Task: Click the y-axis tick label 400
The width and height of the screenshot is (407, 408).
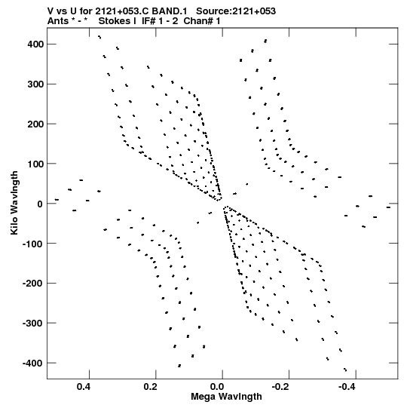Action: coord(35,44)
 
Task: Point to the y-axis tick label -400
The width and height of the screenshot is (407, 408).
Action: coord(32,363)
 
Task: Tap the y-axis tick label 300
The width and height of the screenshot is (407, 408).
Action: coord(35,84)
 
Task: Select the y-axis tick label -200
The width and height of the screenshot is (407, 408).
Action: coord(32,283)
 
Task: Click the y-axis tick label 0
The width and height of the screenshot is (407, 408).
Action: coord(40,204)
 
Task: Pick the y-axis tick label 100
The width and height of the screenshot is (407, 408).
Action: coord(35,164)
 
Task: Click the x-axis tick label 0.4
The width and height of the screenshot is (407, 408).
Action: coord(84,387)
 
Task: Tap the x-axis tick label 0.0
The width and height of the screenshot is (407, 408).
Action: coord(217,387)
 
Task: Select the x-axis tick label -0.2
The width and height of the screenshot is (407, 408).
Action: coord(280,387)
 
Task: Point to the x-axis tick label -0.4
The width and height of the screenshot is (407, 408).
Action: coord(347,387)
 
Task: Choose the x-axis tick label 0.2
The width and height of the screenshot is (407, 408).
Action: coord(150,387)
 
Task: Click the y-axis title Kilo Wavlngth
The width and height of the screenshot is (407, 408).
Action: coord(14,203)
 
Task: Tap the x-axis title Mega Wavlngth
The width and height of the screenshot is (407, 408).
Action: coord(226,397)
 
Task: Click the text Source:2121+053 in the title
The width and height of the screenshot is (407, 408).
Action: coord(236,11)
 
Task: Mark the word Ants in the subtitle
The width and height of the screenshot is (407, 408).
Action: coord(58,21)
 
